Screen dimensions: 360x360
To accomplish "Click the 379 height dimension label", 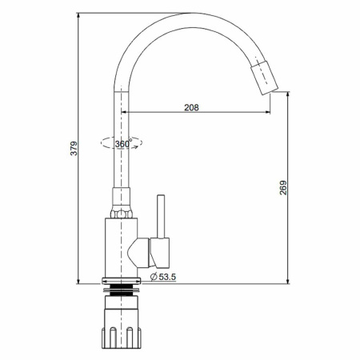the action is click(74, 148).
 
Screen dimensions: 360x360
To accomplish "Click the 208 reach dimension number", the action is click(191, 107).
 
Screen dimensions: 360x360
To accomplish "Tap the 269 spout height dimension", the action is click(283, 187).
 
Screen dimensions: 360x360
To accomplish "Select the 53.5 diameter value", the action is click(167, 277).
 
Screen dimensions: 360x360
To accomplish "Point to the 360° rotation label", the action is click(123, 144).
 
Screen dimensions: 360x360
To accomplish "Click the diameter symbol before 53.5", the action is click(154, 277).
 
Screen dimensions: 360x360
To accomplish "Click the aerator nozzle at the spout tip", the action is click(264, 78).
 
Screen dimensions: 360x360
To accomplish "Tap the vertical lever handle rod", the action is click(161, 216).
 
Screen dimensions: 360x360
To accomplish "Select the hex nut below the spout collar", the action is click(122, 214).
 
